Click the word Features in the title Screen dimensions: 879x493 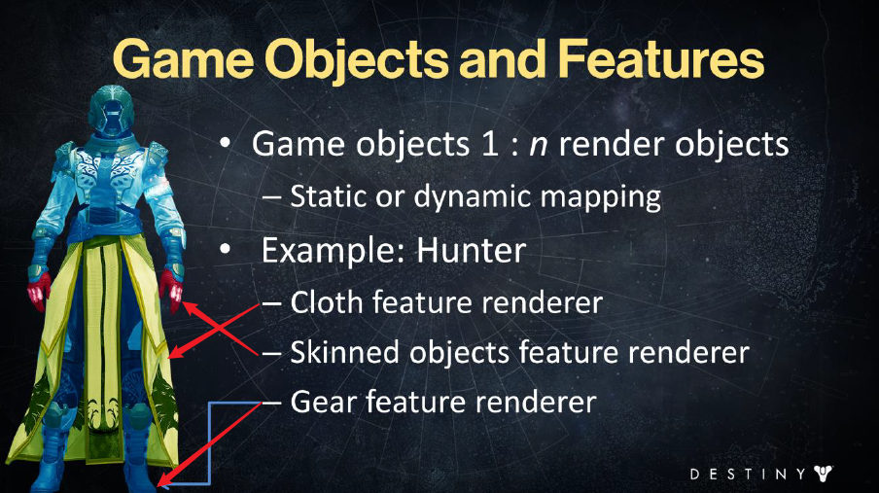(661, 59)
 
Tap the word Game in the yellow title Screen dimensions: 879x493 (184, 59)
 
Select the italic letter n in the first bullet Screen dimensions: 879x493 (538, 147)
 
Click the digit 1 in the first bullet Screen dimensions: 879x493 (489, 144)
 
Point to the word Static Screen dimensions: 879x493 (328, 196)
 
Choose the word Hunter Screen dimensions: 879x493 (471, 250)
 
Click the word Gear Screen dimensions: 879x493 (323, 402)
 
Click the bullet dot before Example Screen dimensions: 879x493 (226, 250)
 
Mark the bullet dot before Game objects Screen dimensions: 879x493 (226, 143)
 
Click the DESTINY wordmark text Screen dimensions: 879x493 (748, 474)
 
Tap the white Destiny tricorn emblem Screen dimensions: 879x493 (823, 474)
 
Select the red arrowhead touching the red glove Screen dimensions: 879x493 (191, 308)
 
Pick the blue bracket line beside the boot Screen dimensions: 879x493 (210, 443)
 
